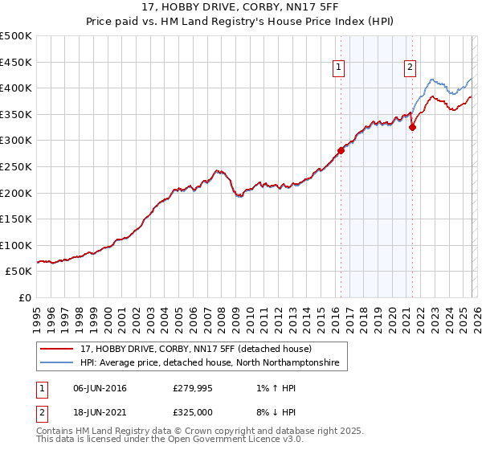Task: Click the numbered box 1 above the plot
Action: point(338,68)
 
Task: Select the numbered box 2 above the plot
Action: point(410,68)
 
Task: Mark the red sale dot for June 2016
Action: point(341,150)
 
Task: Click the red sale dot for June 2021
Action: point(412,127)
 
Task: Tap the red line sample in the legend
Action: point(57,350)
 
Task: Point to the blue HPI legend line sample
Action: point(57,363)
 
